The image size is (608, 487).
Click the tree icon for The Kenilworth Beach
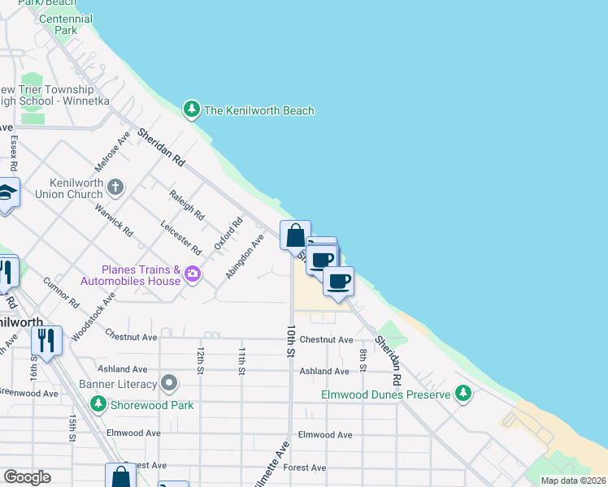191,110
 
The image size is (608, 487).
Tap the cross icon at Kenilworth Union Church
115,187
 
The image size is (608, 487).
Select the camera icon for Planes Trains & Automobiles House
193,273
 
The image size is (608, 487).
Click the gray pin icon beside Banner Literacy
169,381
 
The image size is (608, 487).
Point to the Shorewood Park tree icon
98,403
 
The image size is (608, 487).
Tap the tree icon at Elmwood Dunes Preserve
463,394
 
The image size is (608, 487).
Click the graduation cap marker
7,194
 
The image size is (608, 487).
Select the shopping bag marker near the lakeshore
295,235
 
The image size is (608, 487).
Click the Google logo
27,477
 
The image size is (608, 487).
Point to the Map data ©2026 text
572,481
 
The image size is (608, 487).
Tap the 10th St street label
290,341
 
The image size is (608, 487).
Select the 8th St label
364,356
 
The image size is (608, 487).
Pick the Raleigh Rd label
186,205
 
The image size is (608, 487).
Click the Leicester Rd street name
180,236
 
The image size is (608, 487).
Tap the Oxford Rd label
228,234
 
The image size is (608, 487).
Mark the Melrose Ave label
112,151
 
